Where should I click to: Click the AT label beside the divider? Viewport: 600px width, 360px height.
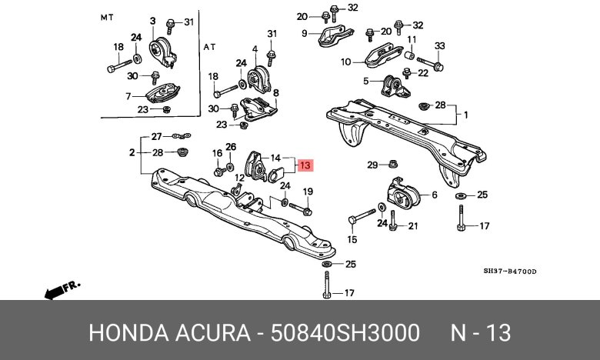tap(210, 47)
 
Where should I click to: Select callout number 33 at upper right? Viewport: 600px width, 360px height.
tap(439, 46)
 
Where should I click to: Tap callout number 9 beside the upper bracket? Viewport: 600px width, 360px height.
tap(304, 33)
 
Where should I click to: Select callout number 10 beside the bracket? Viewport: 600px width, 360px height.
tap(346, 62)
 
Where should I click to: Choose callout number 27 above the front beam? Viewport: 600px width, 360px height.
tap(157, 137)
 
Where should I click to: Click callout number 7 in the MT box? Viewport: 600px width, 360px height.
tap(129, 96)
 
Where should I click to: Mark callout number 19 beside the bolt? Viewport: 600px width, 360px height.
tap(308, 192)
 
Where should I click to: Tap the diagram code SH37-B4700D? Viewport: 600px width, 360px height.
tap(510, 271)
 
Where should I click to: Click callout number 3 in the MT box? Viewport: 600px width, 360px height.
tap(152, 21)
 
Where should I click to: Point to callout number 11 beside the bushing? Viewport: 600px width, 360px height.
tap(412, 39)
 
